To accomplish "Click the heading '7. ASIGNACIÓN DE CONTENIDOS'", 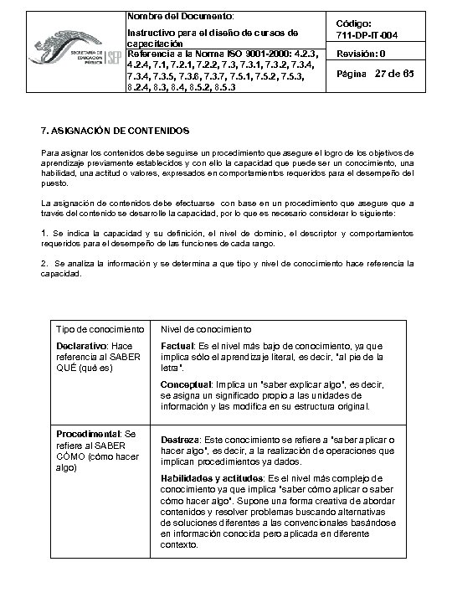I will (116, 131).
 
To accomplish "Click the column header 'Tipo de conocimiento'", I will (96, 329).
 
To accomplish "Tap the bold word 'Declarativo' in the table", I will (81, 346).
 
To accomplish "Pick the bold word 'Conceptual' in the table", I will (185, 385).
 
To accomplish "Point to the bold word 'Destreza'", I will (180, 439).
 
